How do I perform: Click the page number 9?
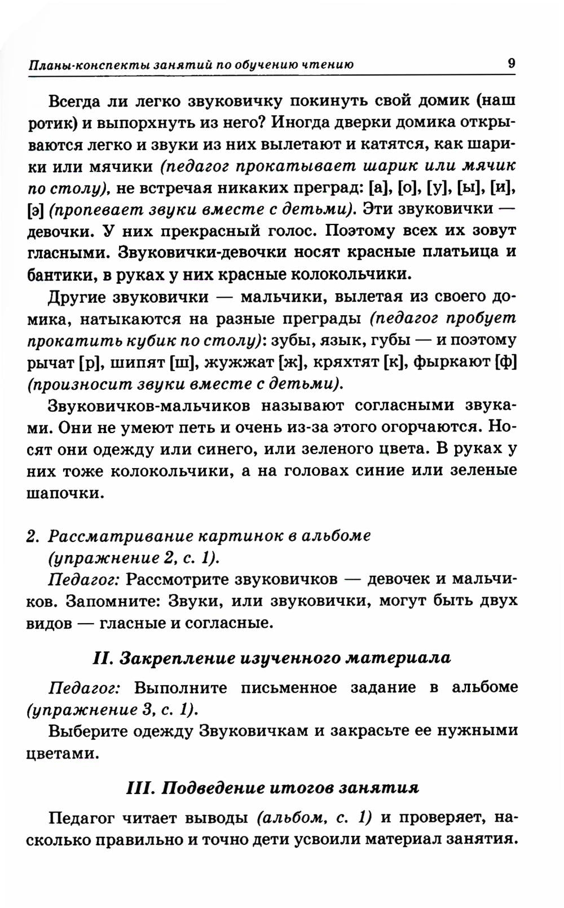point(511,63)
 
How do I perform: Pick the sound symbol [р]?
point(90,362)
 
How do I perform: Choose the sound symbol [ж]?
point(287,362)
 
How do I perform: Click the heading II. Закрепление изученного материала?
point(271,658)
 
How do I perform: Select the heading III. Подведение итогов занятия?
point(272,787)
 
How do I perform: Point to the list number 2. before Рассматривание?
point(33,535)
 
